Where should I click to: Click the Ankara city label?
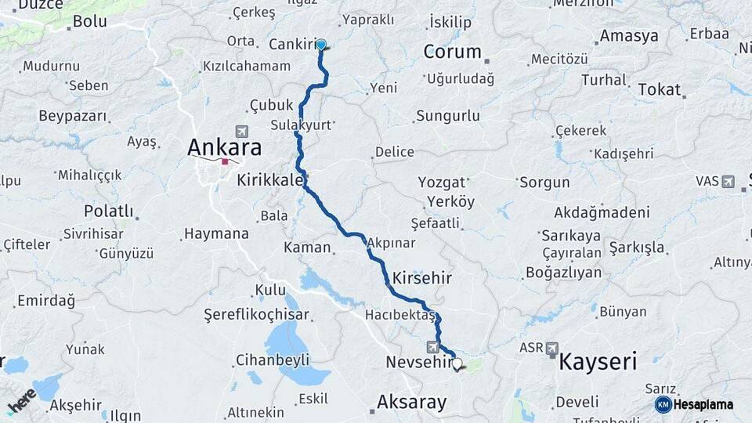[x=224, y=147]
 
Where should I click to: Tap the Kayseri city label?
[x=597, y=362]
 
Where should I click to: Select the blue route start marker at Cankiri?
[x=320, y=45]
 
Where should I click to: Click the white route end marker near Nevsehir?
[x=457, y=363]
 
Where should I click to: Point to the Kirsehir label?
[x=422, y=278]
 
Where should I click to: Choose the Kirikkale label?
[x=270, y=180]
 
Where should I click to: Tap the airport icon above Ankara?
[x=240, y=131]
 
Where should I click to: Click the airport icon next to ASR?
[x=552, y=347]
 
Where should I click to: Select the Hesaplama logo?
[x=695, y=404]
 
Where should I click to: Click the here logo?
[x=21, y=400]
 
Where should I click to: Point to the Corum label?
[x=452, y=52]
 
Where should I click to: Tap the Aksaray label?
[x=411, y=403]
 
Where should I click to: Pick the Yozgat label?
[x=436, y=183]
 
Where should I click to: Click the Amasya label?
[x=629, y=36]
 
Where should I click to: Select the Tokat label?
[x=659, y=89]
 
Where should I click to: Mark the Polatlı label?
[x=109, y=211]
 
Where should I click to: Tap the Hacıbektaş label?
[x=399, y=315]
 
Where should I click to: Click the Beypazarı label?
[x=72, y=116]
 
